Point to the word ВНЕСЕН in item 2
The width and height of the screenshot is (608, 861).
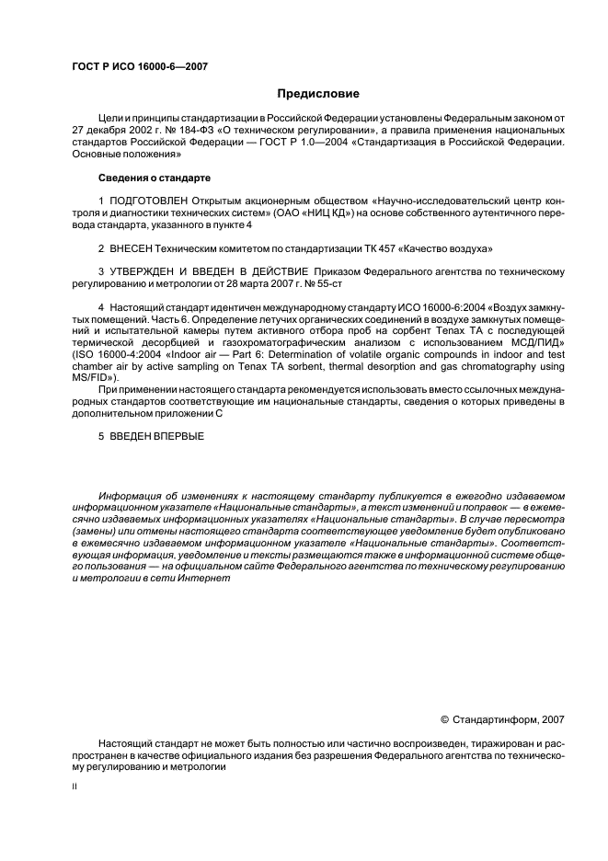[130, 248]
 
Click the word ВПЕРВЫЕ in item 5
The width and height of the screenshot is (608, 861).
[178, 435]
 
